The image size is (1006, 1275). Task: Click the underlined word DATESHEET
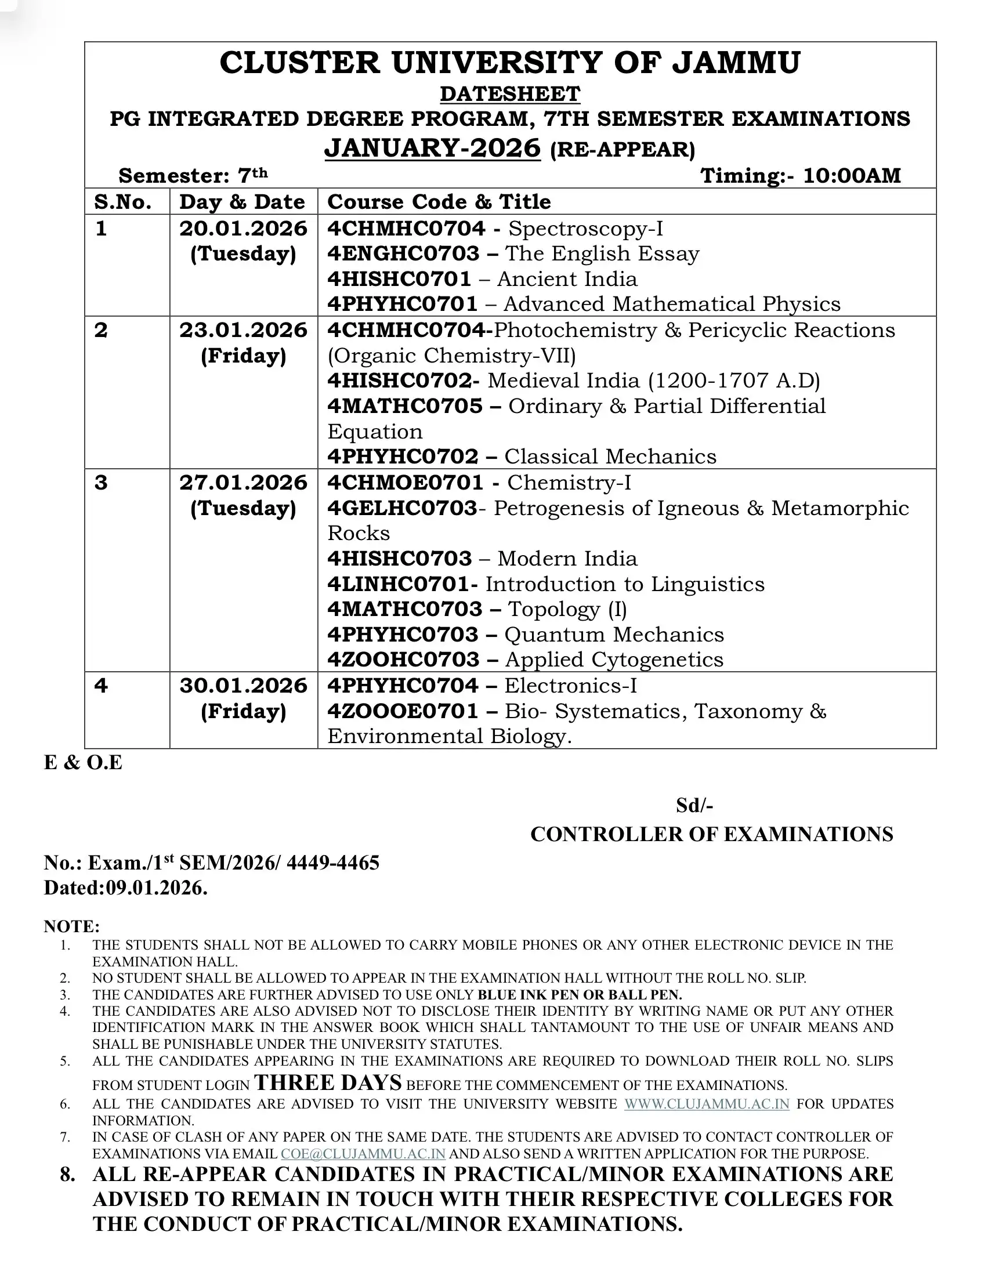509,93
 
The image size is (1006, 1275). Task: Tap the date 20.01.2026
243,229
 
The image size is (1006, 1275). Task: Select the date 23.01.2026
243,331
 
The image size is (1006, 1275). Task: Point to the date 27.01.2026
243,483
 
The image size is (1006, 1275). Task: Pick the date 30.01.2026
243,686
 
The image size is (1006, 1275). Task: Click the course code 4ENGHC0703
403,254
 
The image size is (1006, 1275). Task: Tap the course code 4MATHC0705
404,407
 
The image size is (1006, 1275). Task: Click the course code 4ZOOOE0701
403,711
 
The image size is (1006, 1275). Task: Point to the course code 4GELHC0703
402,508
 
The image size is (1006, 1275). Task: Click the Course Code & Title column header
439,202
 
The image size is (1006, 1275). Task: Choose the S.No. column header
123,202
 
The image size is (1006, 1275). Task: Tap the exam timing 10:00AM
852,176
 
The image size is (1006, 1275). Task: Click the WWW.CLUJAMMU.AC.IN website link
706,1104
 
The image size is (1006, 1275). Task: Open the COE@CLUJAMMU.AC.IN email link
363,1154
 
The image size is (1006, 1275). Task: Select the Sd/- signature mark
694,806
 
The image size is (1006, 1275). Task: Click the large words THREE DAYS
328,1082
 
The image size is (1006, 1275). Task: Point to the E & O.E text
83,763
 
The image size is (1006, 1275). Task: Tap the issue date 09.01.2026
156,888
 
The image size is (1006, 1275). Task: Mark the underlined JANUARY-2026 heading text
432,148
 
